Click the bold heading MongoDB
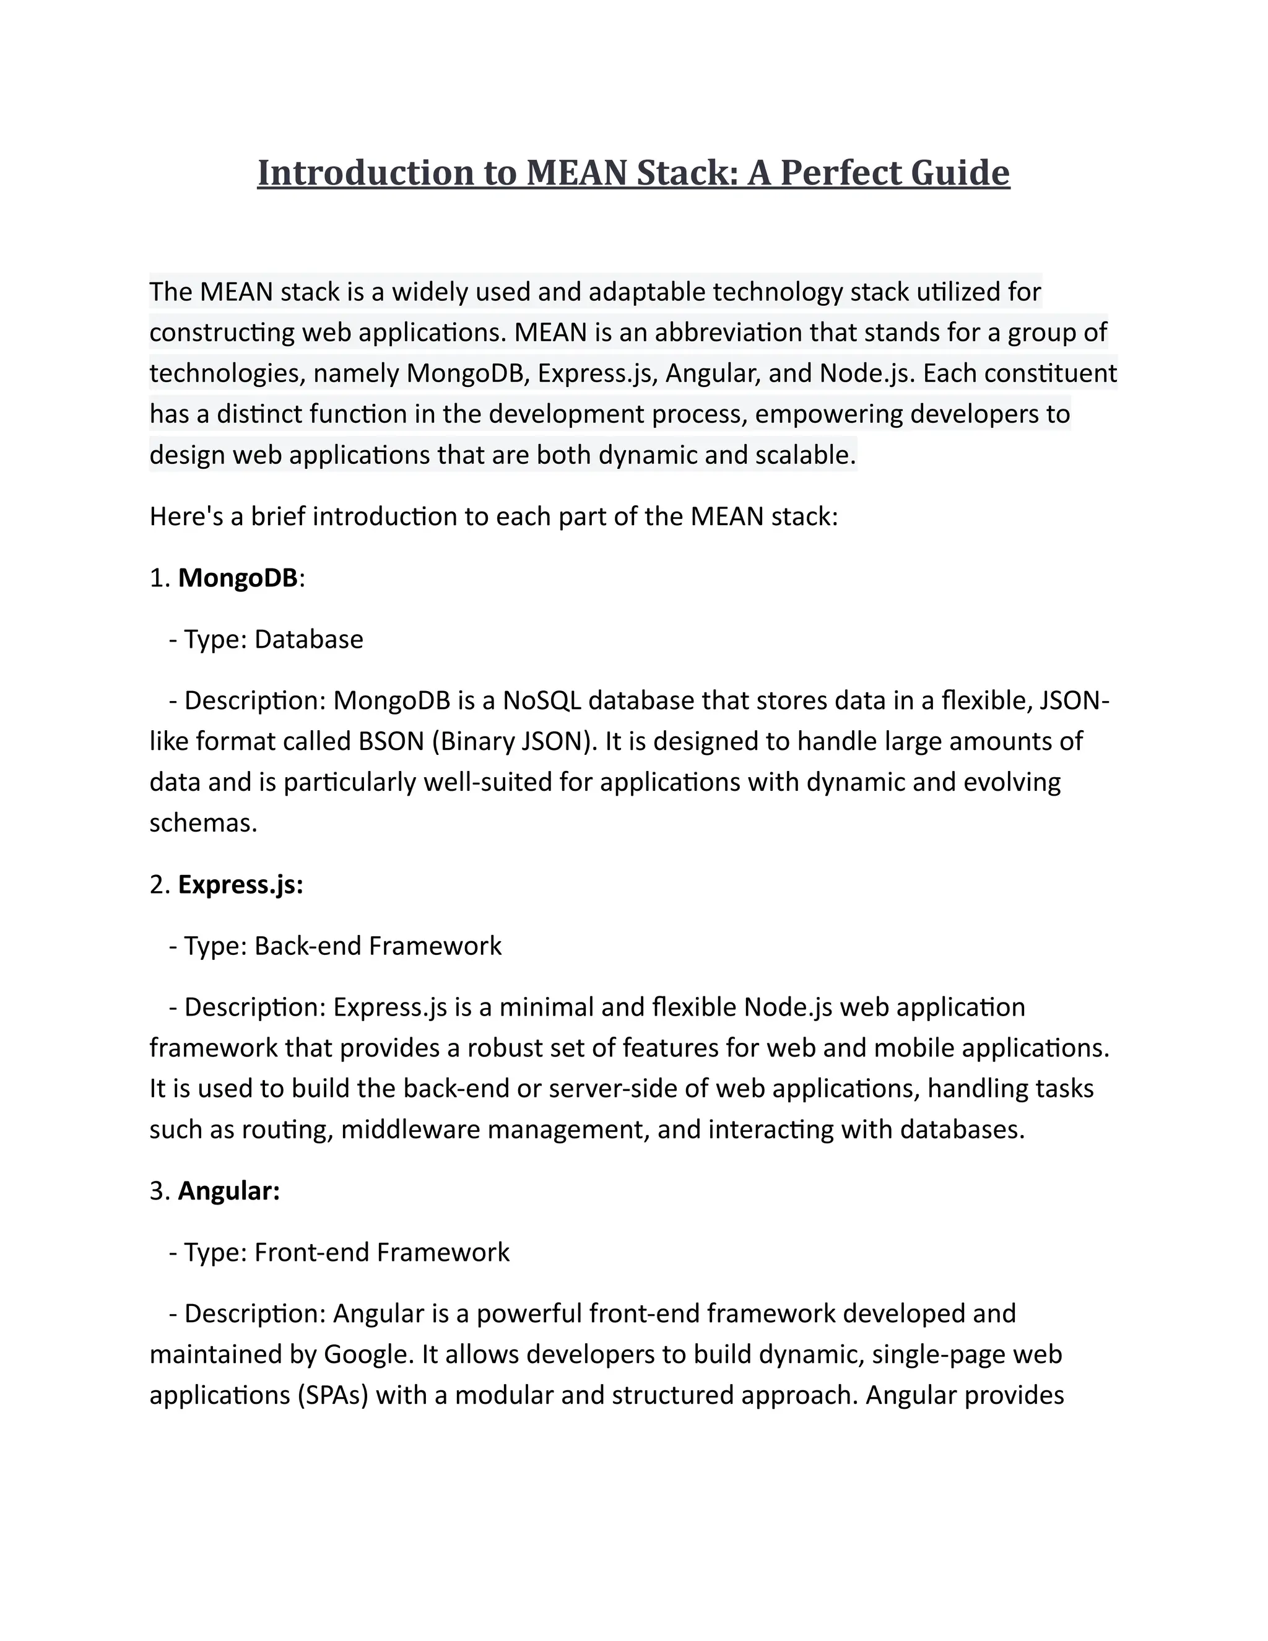[237, 578]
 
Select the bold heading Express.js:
[240, 884]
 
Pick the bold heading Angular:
[228, 1190]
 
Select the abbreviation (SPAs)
[332, 1395]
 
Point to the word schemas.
[203, 823]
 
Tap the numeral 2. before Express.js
[160, 884]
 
